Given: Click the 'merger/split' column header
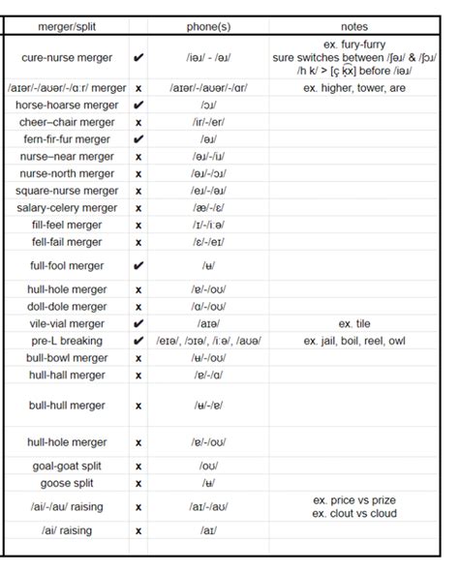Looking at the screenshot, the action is pos(66,26).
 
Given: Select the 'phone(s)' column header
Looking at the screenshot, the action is pos(208,26).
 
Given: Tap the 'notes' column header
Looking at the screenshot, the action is pos(354,26).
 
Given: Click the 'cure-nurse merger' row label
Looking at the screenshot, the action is pos(66,58).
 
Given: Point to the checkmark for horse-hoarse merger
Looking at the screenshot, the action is pos(138,106).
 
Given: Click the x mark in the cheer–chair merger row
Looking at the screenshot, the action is pos(138,123).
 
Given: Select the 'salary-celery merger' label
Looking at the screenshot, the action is pos(66,208).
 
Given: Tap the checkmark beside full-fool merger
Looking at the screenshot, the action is pos(138,265).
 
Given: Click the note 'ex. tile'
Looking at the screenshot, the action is pos(354,323).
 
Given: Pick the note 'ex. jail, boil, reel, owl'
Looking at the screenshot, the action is pos(354,341).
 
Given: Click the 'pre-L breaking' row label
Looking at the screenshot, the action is pos(66,341).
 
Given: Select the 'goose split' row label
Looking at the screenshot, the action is pos(66,483).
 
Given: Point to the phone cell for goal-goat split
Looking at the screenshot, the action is pos(208,466).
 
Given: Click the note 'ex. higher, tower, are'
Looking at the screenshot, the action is pos(354,88).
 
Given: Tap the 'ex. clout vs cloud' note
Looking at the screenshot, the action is pos(354,513).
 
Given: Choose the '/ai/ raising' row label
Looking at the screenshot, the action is pos(66,530).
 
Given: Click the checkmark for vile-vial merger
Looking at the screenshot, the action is pos(138,323).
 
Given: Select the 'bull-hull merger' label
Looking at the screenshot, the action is pos(66,406).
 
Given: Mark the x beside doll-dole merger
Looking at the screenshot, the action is pos(138,307).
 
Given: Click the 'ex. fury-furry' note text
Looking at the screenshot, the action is pos(354,45).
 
